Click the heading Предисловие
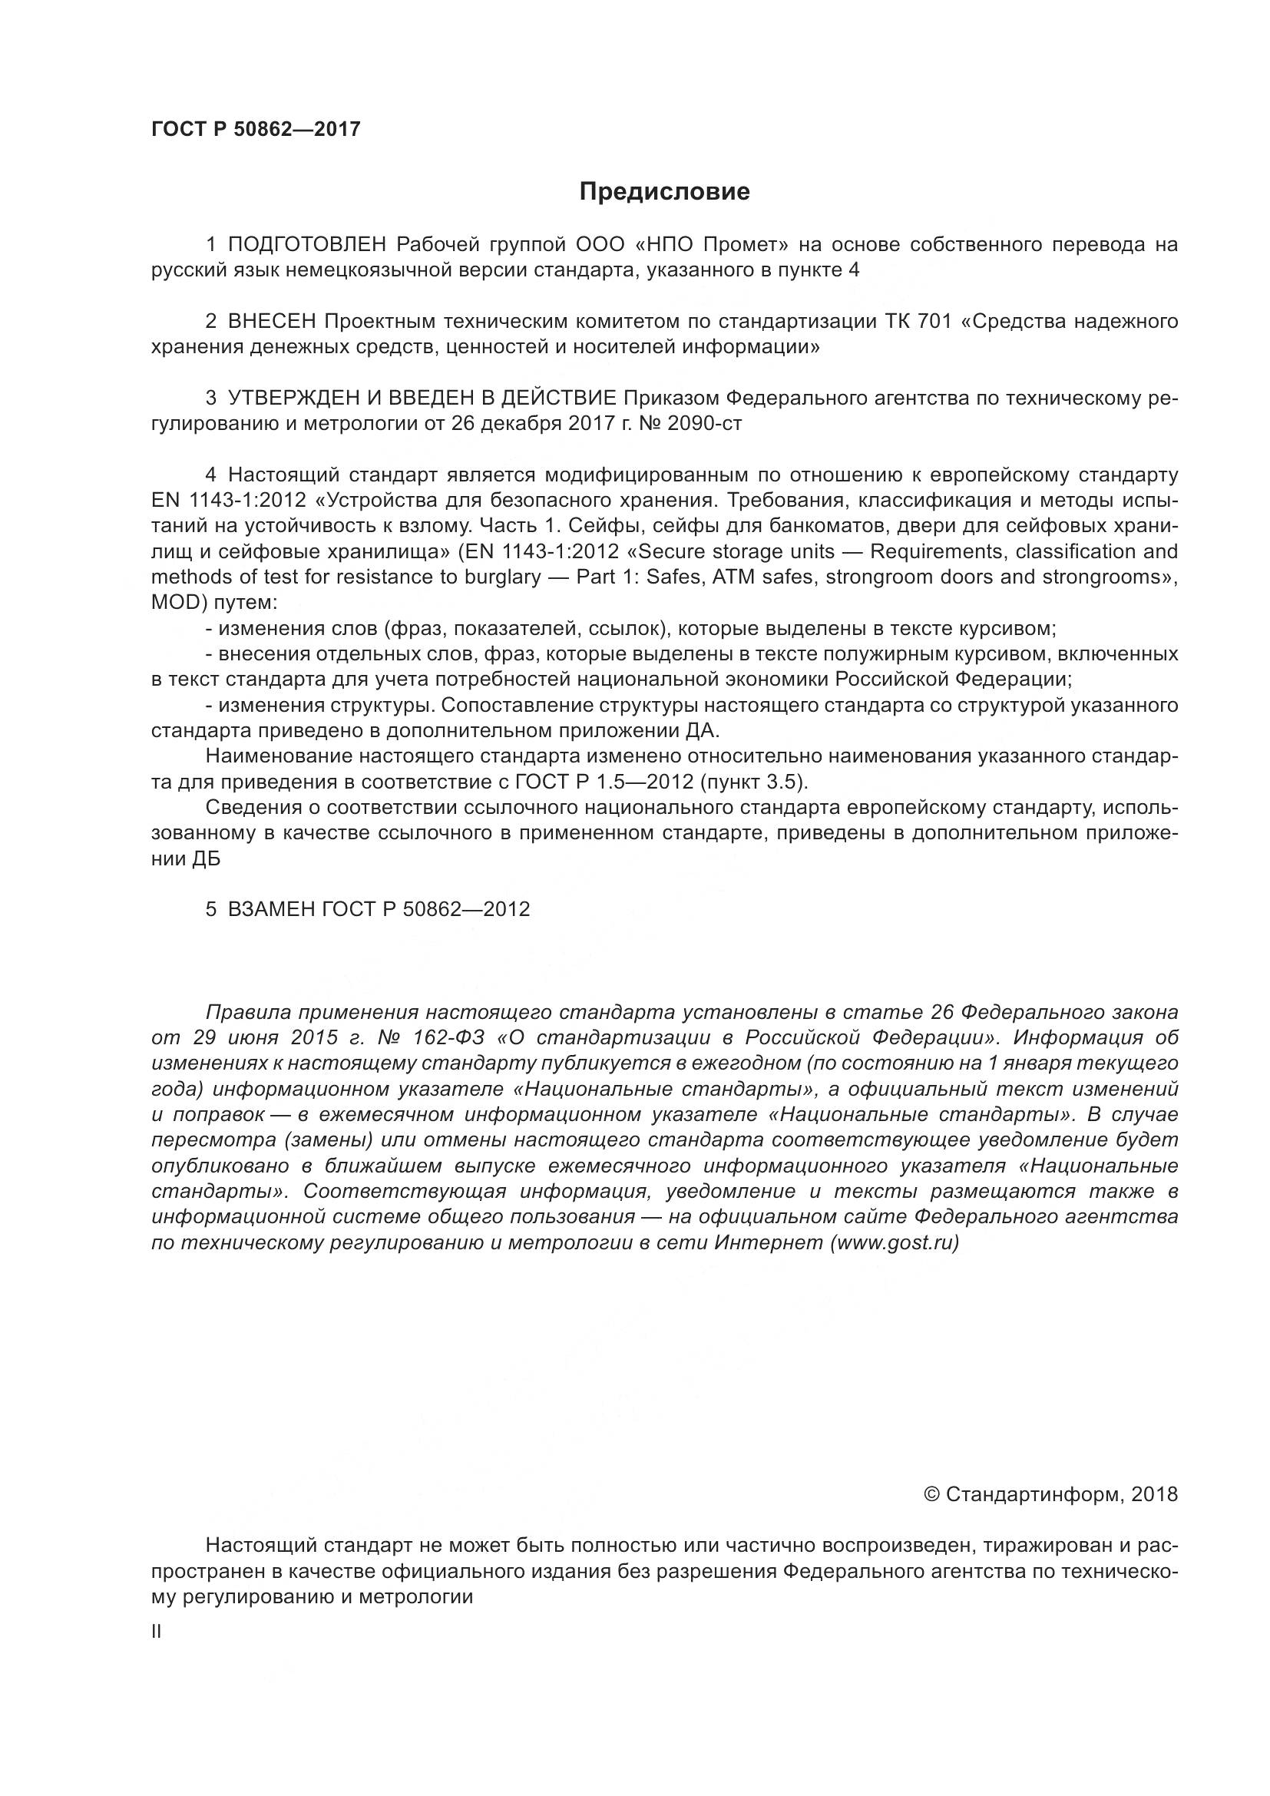664,192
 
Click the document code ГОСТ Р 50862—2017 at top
256,129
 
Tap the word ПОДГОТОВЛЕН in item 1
306,245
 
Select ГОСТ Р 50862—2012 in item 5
426,909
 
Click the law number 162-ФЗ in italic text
458,1038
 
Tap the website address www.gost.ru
895,1243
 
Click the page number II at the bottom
157,1632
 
